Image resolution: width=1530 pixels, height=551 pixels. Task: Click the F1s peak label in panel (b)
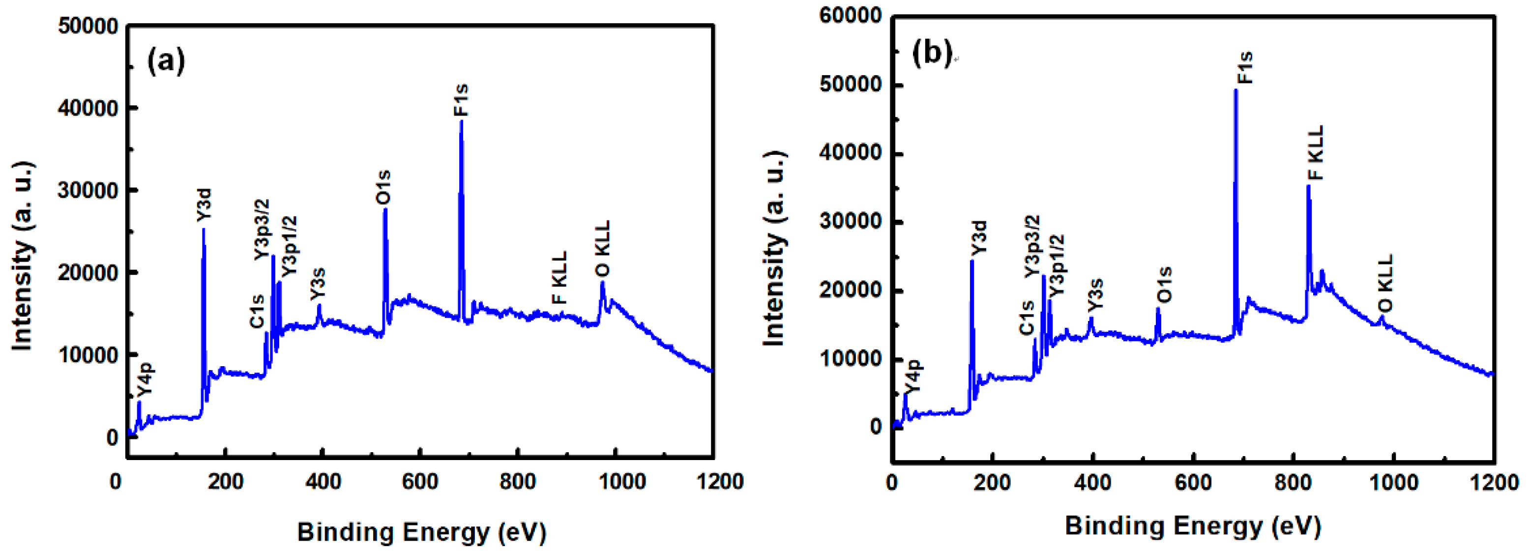coord(1244,67)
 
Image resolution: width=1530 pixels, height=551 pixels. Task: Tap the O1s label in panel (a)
coord(383,187)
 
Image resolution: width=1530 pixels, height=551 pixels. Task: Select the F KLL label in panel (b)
coord(1316,152)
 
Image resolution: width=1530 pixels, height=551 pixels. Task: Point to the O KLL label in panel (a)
coord(602,248)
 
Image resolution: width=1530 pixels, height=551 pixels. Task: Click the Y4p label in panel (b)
coord(913,375)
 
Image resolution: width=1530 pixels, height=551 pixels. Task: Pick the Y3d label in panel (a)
coord(204,205)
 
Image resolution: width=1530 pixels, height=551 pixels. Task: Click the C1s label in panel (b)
coord(1027,318)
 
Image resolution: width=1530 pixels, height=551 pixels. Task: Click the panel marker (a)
coord(166,60)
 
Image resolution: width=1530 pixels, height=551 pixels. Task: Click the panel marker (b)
coord(931,54)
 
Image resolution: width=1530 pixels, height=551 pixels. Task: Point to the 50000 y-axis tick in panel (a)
coord(88,26)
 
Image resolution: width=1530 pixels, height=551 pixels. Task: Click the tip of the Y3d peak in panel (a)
coord(204,229)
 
